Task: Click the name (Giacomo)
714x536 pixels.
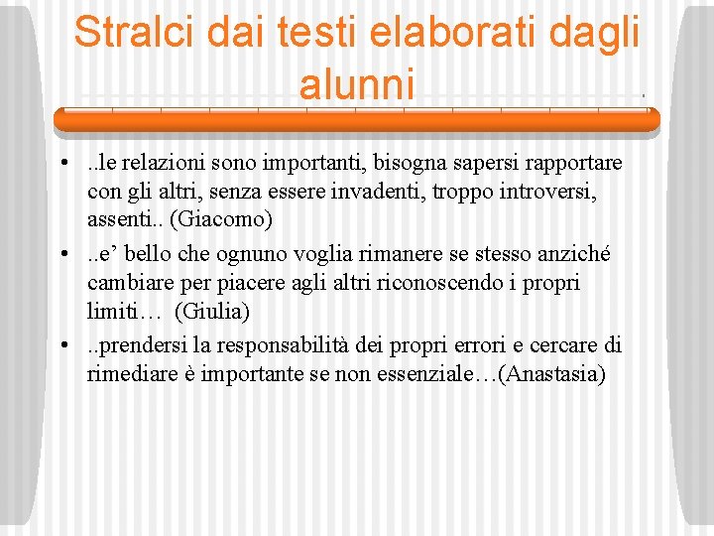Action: (x=215, y=217)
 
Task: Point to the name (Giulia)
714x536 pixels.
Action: (x=212, y=311)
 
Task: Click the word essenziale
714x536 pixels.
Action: (x=404, y=376)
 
